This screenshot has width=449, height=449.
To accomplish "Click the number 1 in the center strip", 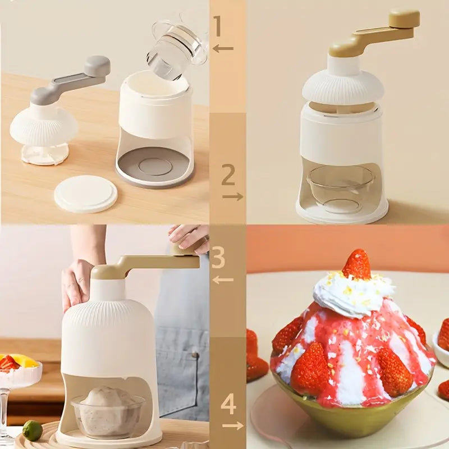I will tap(218, 26).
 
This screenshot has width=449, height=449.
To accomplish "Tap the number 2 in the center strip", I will tap(227, 175).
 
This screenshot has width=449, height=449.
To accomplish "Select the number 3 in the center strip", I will tap(218, 258).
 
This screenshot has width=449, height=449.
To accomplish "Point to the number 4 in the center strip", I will tap(228, 404).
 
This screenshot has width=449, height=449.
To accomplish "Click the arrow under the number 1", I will tap(223, 49).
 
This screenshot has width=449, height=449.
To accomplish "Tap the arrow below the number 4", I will tap(232, 425).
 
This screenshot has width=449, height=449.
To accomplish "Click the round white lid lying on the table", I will tap(86, 194).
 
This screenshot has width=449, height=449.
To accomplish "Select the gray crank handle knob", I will tap(97, 66).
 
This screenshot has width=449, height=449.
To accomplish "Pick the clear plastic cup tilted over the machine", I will tap(175, 48).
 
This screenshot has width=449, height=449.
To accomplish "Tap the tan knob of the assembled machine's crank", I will tap(404, 19).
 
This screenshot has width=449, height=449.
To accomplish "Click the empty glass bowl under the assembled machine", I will tap(341, 188).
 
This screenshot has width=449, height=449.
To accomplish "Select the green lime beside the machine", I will tap(33, 430).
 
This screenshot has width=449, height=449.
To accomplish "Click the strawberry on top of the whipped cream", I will tap(357, 264).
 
